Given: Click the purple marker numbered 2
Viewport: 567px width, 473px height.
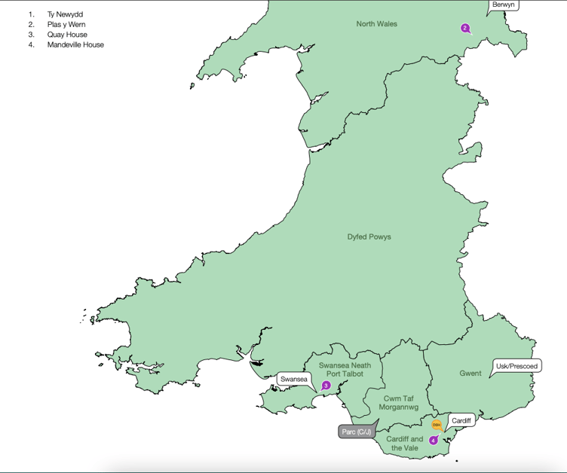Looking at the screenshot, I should (x=465, y=28).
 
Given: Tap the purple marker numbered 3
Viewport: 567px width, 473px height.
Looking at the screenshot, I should (x=326, y=385).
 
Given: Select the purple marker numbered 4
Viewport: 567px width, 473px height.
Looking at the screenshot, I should (x=433, y=440).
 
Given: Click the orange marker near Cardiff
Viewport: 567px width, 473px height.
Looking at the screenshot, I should (x=437, y=425).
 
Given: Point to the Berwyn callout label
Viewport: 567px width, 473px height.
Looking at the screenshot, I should (x=503, y=5).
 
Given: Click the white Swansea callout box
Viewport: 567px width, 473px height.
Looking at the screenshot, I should (x=293, y=379).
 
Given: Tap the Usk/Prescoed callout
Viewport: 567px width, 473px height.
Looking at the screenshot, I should (x=516, y=366).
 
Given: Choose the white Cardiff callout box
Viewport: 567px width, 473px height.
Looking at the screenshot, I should (x=461, y=420).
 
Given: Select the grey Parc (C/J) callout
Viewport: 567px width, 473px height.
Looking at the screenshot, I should (x=357, y=432).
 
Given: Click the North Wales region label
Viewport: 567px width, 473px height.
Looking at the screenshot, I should (x=376, y=24).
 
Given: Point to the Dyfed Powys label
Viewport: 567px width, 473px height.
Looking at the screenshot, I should (x=369, y=236).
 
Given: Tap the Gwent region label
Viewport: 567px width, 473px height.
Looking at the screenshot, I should (x=470, y=373).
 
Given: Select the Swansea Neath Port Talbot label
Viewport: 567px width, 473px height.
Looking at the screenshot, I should (x=345, y=369).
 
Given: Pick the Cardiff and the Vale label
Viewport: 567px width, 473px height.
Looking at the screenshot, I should (x=405, y=443).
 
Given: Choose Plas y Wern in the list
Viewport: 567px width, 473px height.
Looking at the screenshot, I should (x=66, y=24).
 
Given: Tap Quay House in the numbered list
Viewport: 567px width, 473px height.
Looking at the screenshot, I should (x=67, y=35).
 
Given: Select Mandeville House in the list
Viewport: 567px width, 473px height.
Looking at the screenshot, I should (x=75, y=44).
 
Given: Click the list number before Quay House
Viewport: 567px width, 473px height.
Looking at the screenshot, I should (x=32, y=35).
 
